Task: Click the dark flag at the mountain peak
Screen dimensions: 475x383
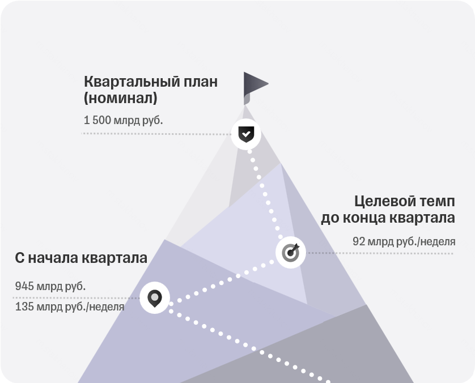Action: [256, 88]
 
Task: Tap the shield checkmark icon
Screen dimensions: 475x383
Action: [246, 134]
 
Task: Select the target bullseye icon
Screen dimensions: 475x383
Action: [291, 252]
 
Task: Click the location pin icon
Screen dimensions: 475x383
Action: [155, 298]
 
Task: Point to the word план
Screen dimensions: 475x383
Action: [201, 82]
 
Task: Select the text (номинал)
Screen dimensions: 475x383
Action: [121, 98]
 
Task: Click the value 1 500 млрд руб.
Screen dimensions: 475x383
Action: [124, 120]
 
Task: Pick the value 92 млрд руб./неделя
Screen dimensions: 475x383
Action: [404, 241]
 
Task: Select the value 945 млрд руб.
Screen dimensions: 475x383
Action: [50, 286]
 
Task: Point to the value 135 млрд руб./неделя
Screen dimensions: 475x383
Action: [70, 307]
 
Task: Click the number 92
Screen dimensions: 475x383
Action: [358, 241]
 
